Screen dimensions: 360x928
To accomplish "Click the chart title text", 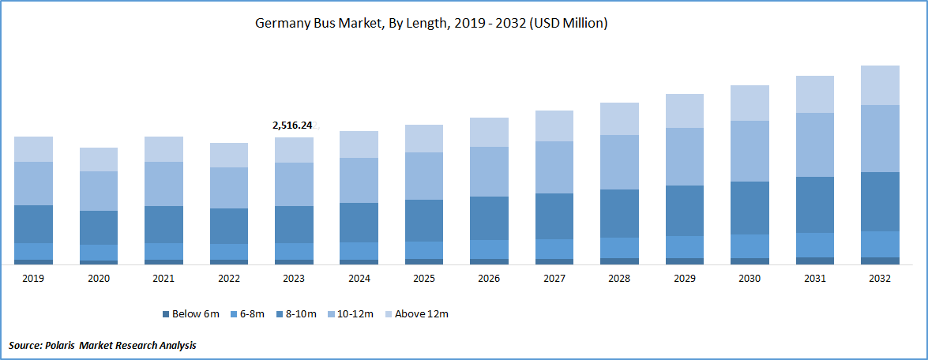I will point(430,24).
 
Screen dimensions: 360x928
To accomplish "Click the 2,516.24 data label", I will point(292,125).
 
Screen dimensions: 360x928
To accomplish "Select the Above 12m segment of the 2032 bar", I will point(880,85).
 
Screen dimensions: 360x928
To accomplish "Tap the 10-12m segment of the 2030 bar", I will point(750,151).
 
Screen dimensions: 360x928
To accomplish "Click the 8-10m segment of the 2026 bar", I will point(489,218).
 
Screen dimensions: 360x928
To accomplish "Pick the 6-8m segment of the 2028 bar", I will point(619,247).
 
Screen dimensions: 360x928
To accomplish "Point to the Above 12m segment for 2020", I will point(99,159).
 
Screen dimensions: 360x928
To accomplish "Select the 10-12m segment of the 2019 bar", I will point(33,183).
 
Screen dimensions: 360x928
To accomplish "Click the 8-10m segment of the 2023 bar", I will point(294,224).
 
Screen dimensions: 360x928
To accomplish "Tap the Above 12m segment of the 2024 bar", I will point(359,144).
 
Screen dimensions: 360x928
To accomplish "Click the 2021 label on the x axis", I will point(163,279).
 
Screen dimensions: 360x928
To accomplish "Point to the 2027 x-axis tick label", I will point(554,279).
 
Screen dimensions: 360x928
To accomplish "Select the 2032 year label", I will point(879,279).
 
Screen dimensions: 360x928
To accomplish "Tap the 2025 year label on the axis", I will point(423,279).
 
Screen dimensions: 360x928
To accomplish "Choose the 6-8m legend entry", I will point(248,314).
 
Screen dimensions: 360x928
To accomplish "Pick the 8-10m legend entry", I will point(299,314).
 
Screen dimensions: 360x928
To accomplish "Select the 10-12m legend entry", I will point(354,314).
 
